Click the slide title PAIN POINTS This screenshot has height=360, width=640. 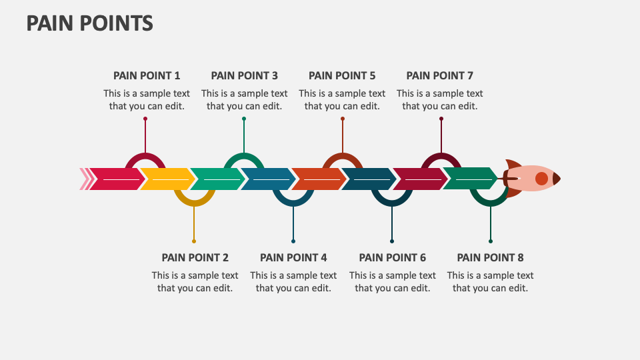click(x=90, y=23)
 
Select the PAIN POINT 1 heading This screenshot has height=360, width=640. click(x=147, y=75)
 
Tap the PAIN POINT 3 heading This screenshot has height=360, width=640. click(x=245, y=75)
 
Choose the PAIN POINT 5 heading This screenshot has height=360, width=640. click(x=342, y=75)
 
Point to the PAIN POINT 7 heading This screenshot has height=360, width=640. click(x=440, y=75)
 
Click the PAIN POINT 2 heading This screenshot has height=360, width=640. click(x=195, y=257)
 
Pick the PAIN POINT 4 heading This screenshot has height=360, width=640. click(x=293, y=257)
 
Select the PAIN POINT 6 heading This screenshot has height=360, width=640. click(x=392, y=257)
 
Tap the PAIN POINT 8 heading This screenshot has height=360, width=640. click(x=490, y=257)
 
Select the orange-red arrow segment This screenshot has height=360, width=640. click(x=317, y=179)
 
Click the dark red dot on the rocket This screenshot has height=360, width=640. click(x=541, y=179)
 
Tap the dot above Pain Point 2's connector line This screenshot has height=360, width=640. click(x=194, y=241)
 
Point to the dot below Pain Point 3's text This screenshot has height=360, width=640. click(x=244, y=119)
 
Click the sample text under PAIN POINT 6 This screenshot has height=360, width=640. click(x=392, y=281)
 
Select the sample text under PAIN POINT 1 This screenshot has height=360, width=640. click(x=147, y=99)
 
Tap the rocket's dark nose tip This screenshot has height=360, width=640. click(x=557, y=179)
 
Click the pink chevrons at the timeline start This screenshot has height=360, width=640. click(x=85, y=179)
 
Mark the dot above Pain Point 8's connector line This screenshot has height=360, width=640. click(x=491, y=241)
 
